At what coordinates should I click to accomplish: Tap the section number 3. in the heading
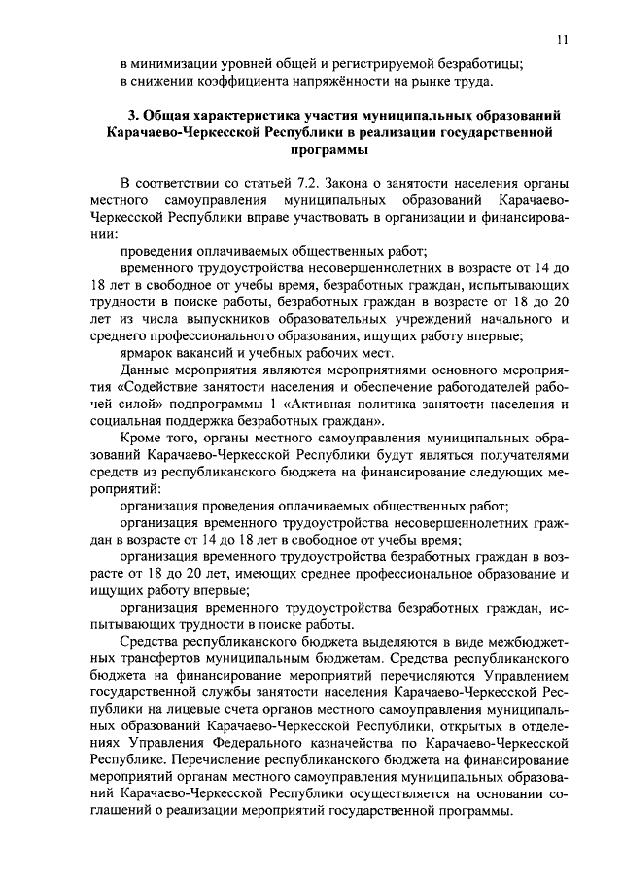[x=135, y=116]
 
